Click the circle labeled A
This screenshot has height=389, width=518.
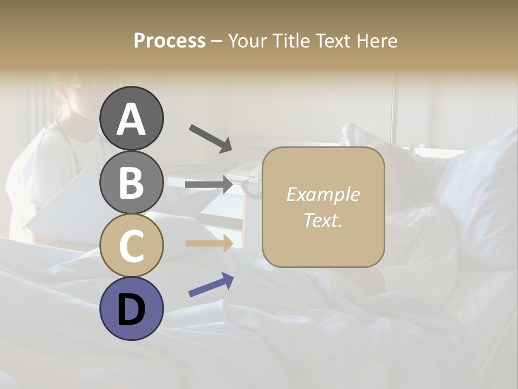coord(131,118)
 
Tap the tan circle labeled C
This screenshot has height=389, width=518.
coord(131,245)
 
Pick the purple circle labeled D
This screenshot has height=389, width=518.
coord(131,308)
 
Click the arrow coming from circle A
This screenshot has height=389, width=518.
coord(210,138)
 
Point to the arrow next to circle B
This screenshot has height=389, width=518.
coord(209,185)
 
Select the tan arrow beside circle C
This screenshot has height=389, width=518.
coord(209,243)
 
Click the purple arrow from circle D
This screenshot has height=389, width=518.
coord(211,284)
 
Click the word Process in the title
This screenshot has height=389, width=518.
coord(169,41)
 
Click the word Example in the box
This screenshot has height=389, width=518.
coord(323,194)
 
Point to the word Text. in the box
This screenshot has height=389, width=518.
coord(323,220)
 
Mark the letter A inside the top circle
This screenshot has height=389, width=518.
coord(131,119)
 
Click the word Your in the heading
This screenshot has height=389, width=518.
coord(248,41)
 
